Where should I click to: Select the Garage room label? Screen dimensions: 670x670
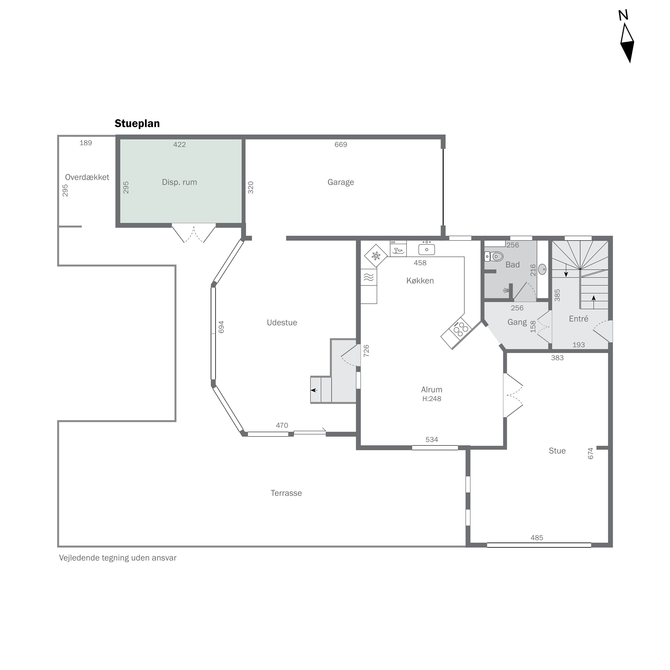click(341, 182)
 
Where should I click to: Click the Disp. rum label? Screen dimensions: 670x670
click(179, 182)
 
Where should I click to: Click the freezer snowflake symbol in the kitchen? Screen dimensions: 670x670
click(376, 256)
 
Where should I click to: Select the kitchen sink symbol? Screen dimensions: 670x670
click(427, 249)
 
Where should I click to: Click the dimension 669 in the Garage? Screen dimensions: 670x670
click(341, 145)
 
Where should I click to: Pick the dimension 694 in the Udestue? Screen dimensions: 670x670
click(221, 327)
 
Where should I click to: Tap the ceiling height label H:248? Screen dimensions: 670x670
click(431, 399)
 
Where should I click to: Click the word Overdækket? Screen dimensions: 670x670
click(87, 177)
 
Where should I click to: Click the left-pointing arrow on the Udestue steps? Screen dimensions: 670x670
click(314, 390)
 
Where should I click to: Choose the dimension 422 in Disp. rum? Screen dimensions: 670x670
click(179, 145)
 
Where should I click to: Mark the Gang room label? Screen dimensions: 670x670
click(517, 322)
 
